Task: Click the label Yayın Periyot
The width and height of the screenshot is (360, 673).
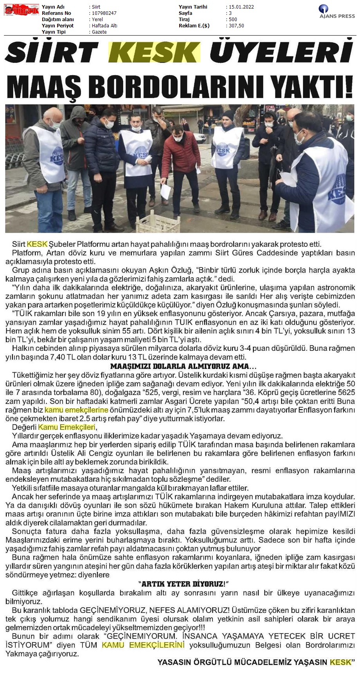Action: pos(58,26)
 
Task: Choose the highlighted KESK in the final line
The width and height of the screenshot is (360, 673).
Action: pos(340,662)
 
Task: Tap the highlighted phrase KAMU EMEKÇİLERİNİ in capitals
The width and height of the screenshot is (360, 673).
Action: pos(143,645)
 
